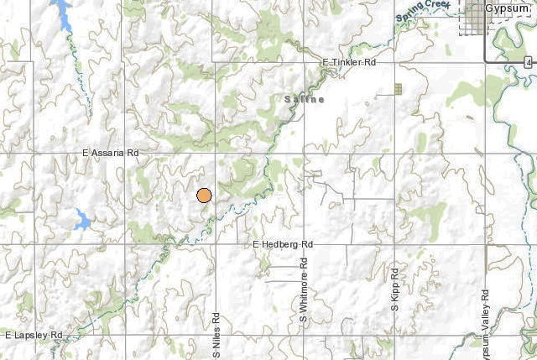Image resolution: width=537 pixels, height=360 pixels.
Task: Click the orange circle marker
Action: pos(204,196)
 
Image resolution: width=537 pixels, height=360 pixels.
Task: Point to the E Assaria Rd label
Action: pos(111,154)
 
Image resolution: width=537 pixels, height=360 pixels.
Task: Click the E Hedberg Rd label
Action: pos(283,244)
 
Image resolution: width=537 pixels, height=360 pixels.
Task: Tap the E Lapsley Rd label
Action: pos(34,336)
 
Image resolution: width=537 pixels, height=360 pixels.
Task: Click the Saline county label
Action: pos(303,99)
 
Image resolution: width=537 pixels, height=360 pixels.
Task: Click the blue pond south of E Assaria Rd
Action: pos(82,221)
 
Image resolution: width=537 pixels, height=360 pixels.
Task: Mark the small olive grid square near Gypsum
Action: pos(399,88)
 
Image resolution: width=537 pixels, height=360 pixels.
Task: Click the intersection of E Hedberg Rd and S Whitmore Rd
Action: pos(305,244)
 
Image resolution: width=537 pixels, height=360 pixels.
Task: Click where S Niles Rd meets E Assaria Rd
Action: pos(216,154)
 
